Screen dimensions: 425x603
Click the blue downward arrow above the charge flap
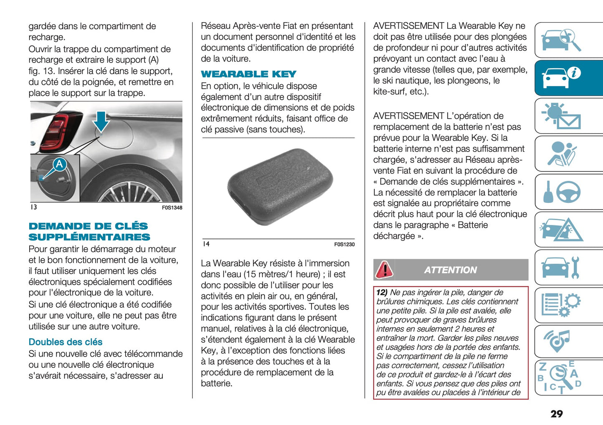101,121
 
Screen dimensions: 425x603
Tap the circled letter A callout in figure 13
60,164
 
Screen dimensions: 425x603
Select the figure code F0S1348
172,207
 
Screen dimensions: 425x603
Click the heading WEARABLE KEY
248,74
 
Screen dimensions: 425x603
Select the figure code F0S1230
344,244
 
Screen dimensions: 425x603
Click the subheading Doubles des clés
66,342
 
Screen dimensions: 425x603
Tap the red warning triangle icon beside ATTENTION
384,270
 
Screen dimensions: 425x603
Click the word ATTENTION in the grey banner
450,270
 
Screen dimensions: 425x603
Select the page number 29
556,414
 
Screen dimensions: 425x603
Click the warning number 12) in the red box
382,293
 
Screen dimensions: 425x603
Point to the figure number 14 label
206,244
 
